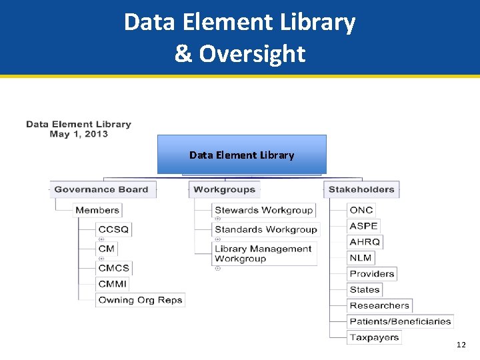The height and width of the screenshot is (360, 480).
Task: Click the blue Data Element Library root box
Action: click(241, 155)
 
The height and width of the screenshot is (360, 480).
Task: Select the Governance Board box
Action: click(101, 189)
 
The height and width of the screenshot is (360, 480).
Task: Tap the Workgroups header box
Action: click(225, 189)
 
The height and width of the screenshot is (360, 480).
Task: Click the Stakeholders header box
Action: click(361, 189)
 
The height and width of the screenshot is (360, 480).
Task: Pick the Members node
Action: click(97, 210)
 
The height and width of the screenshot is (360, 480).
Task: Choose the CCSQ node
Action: click(113, 229)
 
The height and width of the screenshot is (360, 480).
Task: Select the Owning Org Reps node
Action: click(140, 300)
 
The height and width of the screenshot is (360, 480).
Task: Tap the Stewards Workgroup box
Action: click(264, 210)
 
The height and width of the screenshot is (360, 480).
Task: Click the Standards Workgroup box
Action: click(266, 229)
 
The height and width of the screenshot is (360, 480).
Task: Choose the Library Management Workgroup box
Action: click(263, 254)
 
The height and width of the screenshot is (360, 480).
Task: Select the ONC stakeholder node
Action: click(361, 210)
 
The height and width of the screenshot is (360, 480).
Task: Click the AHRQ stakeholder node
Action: click(365, 242)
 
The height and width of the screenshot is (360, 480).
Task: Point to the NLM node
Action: click(361, 258)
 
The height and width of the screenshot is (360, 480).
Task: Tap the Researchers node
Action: click(379, 305)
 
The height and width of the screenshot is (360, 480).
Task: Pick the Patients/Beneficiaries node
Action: click(400, 321)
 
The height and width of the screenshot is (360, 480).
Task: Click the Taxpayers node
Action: click(374, 337)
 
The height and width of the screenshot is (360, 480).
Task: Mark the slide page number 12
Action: click(461, 345)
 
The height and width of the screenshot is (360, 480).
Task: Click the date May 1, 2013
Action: click(79, 134)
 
